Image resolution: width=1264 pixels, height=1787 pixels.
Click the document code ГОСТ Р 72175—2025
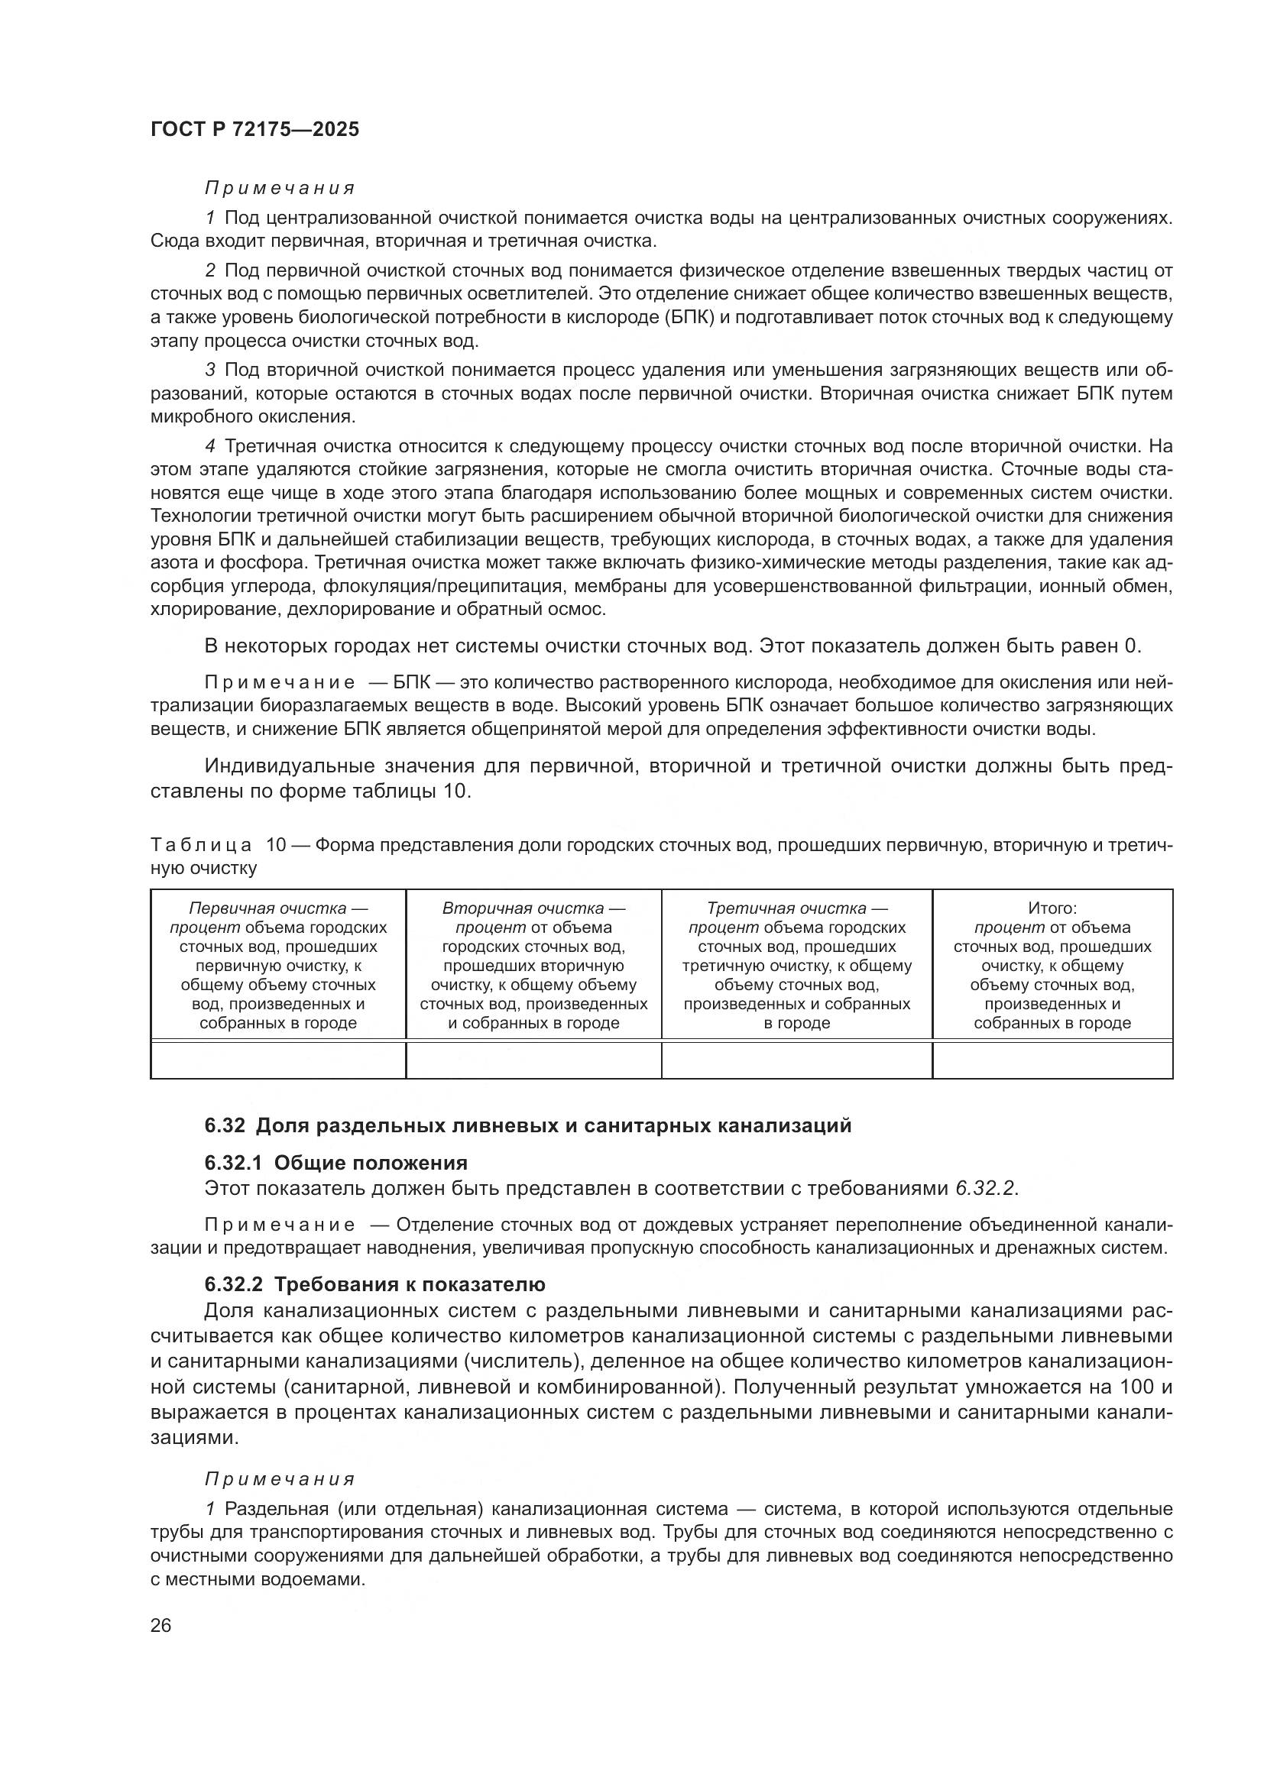[x=254, y=129]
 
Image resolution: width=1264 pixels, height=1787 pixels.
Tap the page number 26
[x=161, y=1625]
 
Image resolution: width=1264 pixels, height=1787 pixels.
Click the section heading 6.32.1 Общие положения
[x=335, y=1163]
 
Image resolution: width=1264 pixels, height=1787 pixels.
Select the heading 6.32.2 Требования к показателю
[x=374, y=1284]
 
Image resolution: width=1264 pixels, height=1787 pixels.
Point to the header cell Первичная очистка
[x=278, y=908]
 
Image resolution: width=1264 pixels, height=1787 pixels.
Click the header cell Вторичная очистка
[x=533, y=908]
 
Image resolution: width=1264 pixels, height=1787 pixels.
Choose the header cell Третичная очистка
[x=796, y=908]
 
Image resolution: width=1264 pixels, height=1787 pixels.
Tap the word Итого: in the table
[x=1052, y=908]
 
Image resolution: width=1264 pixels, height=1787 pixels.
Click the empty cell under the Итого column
[x=1052, y=1060]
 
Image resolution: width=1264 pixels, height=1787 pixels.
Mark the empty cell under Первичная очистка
[x=278, y=1060]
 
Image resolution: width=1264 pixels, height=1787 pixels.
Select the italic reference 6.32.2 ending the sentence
[x=984, y=1189]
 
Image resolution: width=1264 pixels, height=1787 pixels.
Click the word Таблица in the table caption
[x=201, y=845]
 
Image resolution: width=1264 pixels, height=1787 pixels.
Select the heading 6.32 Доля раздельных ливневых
[x=528, y=1125]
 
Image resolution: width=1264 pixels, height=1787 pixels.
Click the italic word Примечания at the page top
[x=280, y=189]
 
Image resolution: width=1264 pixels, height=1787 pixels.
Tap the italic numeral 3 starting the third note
[x=210, y=370]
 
